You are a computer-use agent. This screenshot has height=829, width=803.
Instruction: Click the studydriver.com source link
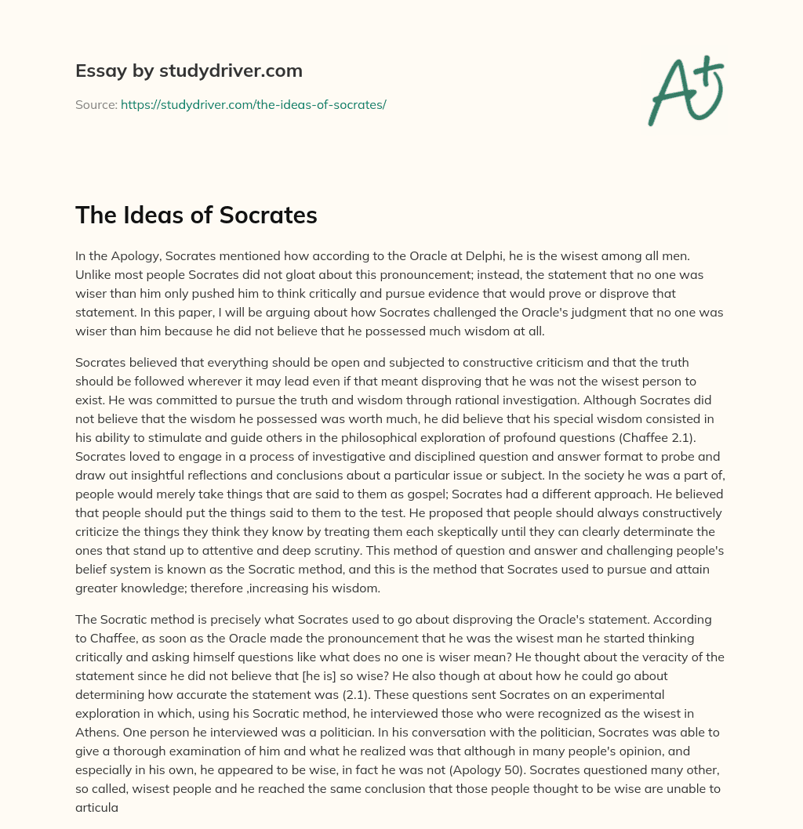click(253, 104)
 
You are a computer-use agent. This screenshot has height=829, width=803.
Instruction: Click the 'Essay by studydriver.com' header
click(188, 71)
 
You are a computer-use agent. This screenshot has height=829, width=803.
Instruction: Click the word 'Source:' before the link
click(96, 104)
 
